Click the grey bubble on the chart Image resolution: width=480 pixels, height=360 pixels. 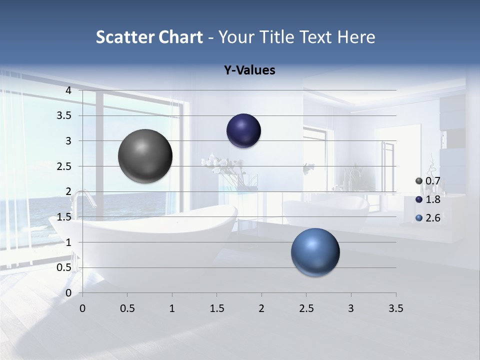coord(145,156)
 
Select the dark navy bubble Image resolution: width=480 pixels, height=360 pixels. coord(243,130)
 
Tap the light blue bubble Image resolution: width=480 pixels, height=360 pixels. coord(315,252)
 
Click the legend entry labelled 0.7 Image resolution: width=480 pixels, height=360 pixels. coord(427,181)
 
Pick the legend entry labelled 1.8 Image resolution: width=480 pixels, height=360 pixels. coord(427,199)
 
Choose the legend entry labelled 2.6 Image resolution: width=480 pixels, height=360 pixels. coord(427,218)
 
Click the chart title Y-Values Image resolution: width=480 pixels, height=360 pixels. coord(249,70)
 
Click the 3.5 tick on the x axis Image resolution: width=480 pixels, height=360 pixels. coord(395,308)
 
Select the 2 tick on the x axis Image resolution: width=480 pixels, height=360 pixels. coord(261,308)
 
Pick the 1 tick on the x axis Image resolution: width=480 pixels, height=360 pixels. coord(172,308)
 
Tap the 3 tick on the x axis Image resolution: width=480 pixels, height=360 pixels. coord(351,308)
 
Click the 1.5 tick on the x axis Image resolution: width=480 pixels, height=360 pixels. coord(216,308)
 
